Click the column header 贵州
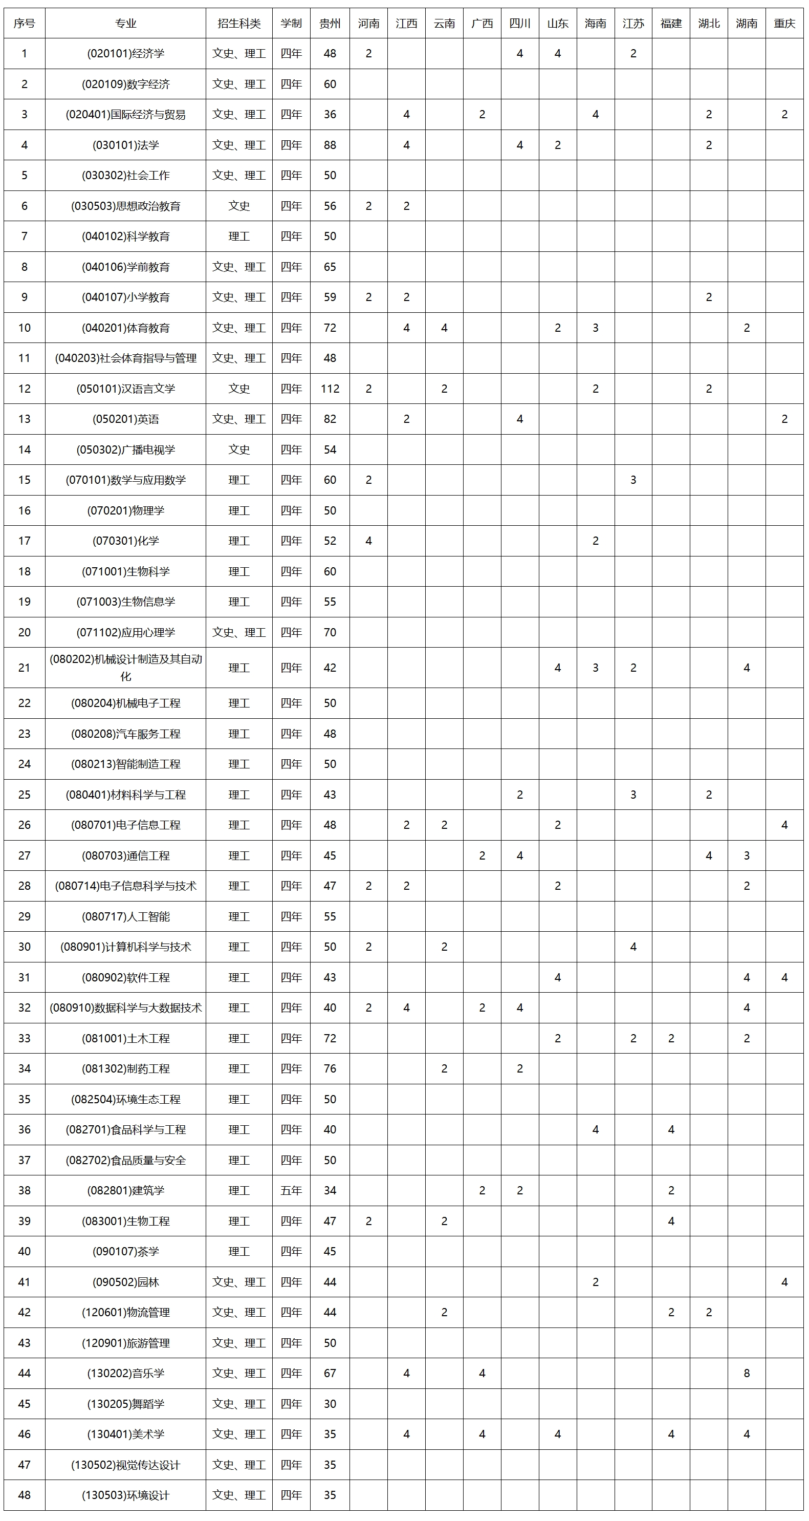pos(330,24)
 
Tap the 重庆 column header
pos(784,24)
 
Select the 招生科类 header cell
pos(239,24)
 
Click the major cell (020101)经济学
pos(126,54)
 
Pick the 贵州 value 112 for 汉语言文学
pos(330,389)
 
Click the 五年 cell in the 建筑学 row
pos(291,1190)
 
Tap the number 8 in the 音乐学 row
pos(747,1374)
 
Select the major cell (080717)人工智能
pos(126,916)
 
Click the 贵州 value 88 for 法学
pos(330,145)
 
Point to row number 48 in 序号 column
pos(24,1495)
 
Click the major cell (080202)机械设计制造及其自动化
pos(126,668)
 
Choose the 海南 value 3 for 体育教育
pos(596,328)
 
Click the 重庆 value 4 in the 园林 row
pos(784,1282)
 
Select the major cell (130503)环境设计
pos(126,1495)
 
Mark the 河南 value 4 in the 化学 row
pos(369,541)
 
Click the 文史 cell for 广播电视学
pos(239,450)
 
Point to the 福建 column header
pos(671,24)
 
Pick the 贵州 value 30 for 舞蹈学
pos(330,1403)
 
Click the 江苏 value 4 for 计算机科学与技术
pos(633,947)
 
